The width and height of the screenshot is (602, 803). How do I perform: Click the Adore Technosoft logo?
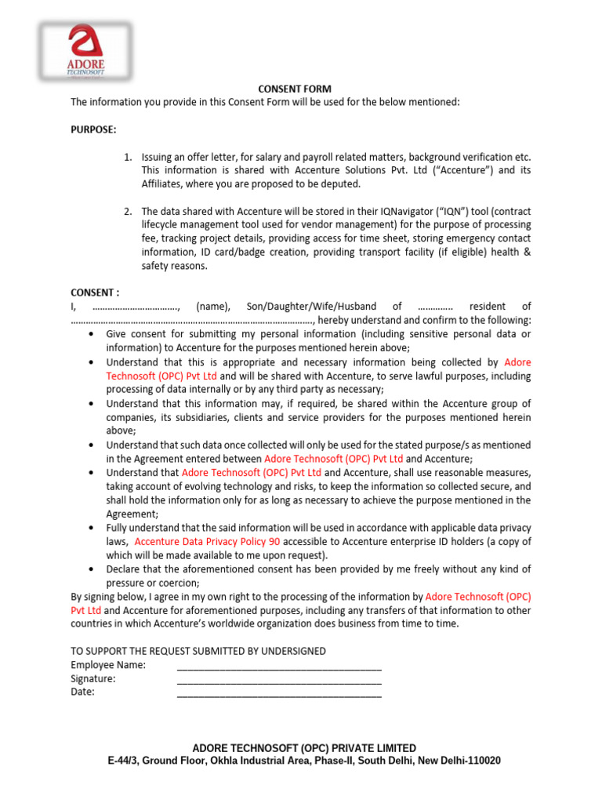point(86,51)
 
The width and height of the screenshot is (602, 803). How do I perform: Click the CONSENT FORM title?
point(295,89)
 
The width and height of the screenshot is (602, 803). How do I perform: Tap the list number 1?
point(128,157)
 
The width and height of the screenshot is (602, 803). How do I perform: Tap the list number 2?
point(128,212)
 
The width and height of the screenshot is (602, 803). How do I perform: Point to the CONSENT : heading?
point(95,292)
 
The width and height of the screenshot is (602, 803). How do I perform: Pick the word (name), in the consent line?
point(212,307)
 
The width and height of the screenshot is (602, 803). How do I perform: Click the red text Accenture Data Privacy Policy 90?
point(207,542)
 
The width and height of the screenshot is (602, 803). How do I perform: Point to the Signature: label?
point(93,678)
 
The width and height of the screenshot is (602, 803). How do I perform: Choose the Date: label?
point(82,692)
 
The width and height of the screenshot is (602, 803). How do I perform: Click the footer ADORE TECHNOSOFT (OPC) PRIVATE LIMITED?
point(304,748)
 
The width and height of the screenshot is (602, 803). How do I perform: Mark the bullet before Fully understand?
point(92,529)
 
